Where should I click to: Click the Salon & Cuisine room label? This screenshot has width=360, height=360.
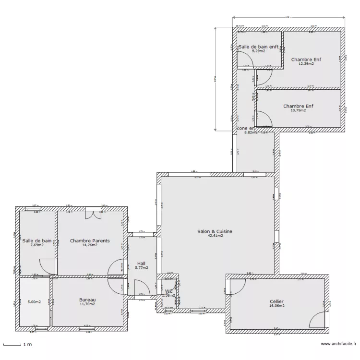click(x=215, y=231)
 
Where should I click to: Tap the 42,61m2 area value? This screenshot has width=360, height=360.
click(x=215, y=236)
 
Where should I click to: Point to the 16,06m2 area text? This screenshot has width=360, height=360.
click(x=277, y=305)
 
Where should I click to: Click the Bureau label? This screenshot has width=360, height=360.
click(x=87, y=300)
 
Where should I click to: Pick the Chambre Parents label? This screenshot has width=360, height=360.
click(x=90, y=240)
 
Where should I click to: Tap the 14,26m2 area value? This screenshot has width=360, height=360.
click(x=90, y=245)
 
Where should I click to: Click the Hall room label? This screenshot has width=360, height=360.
click(x=141, y=263)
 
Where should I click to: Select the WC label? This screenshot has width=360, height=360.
click(x=168, y=291)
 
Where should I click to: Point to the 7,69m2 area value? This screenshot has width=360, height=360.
click(x=37, y=245)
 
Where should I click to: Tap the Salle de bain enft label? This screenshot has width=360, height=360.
click(x=258, y=47)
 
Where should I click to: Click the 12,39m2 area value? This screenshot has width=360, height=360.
click(x=306, y=63)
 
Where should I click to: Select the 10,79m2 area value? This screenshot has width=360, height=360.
click(x=298, y=110)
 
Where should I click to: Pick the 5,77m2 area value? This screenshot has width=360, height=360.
click(x=141, y=268)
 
